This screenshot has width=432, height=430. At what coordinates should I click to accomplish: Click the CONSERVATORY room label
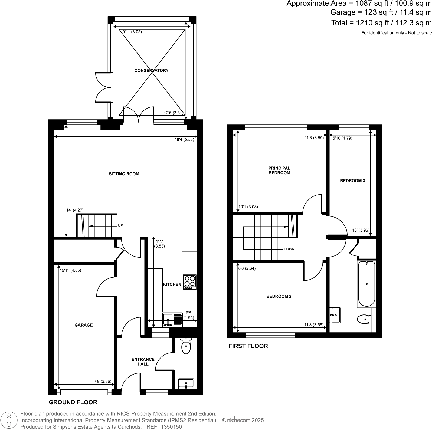(x=151, y=70)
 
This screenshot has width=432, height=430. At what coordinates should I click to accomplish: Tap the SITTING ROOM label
(x=124, y=174)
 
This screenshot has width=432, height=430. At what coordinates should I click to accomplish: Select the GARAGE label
(x=84, y=325)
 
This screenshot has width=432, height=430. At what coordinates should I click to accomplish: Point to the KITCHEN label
(x=172, y=284)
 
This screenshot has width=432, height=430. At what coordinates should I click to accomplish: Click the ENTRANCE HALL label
(x=143, y=362)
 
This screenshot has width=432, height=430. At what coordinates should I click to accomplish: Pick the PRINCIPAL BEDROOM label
(x=279, y=170)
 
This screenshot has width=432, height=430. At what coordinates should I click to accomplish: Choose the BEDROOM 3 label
(x=352, y=181)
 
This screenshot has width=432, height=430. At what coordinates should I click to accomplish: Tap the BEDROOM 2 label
(x=279, y=296)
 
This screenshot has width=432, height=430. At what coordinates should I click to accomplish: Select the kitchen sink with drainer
(x=172, y=320)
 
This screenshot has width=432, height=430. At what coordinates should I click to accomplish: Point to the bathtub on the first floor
(x=366, y=284)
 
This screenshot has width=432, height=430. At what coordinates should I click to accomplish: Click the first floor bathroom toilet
(x=364, y=319)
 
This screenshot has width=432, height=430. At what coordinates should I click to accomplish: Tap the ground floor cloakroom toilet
(x=186, y=346)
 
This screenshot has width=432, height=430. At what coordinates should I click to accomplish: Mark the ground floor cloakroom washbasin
(x=186, y=384)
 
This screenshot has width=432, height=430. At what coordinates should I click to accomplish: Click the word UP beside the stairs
(x=120, y=225)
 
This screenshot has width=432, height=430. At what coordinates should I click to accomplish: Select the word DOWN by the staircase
(x=289, y=249)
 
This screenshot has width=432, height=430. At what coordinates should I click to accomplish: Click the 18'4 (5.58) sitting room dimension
(x=184, y=140)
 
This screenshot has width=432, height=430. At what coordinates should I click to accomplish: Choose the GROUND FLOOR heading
(x=73, y=402)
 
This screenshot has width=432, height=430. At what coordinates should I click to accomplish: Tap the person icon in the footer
(x=9, y=421)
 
